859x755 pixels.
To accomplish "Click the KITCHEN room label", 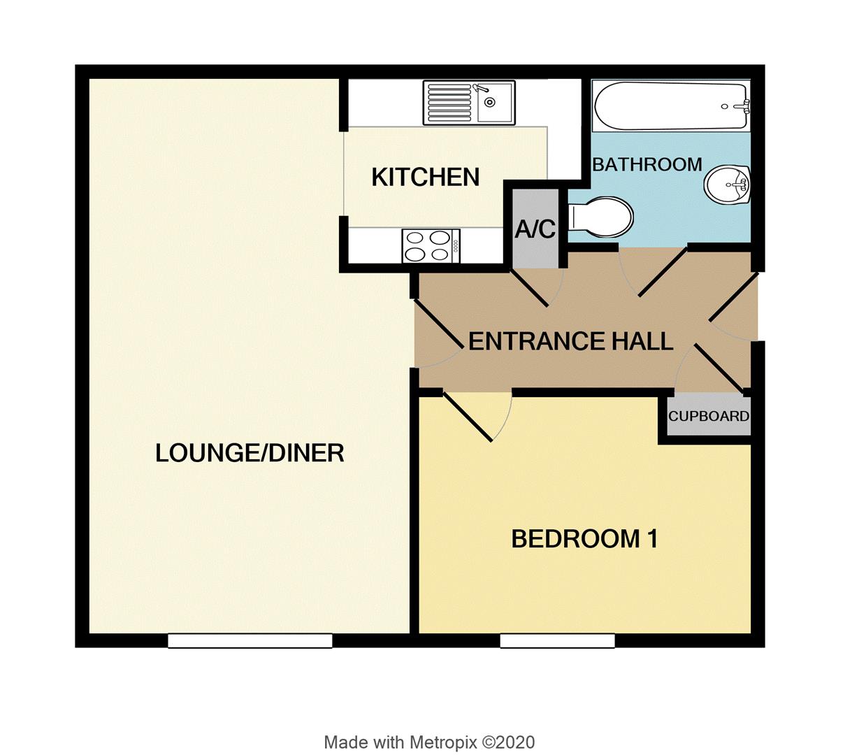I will [x=425, y=178].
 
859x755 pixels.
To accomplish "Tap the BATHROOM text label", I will [x=647, y=165].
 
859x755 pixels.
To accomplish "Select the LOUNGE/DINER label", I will [x=250, y=454].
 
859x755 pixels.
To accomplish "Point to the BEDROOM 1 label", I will [x=584, y=539].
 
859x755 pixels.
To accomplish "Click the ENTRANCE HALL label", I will [x=570, y=341].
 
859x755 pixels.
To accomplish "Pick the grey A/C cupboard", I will [x=535, y=229].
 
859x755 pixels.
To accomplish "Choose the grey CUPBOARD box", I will [x=708, y=417].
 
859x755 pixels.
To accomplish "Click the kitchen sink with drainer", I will [x=468, y=102].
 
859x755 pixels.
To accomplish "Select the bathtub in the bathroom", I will [x=671, y=106].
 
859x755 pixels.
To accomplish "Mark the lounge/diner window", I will [x=250, y=640].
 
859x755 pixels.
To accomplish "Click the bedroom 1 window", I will [x=557, y=640].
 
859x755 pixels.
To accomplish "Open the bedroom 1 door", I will [x=468, y=417].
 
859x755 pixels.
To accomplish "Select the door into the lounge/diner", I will [x=439, y=325].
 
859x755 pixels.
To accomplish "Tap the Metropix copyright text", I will [x=429, y=742].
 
